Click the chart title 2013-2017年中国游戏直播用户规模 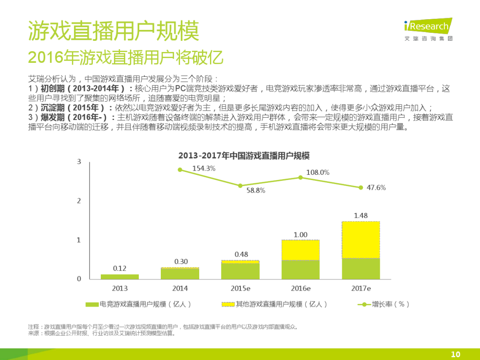pyautogui.click(x=244, y=156)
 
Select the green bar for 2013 pyautogui.click(x=120, y=277)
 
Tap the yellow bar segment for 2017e pyautogui.click(x=361, y=240)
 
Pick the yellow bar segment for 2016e pyautogui.click(x=300, y=250)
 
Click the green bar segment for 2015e pyautogui.click(x=240, y=271)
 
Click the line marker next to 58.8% pyautogui.click(x=240, y=186)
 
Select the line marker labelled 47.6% pyautogui.click(x=361, y=187)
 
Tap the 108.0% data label pyautogui.click(x=317, y=172)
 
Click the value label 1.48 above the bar pyautogui.click(x=360, y=216)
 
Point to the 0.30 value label pyautogui.click(x=180, y=262)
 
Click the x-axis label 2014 pyautogui.click(x=180, y=288)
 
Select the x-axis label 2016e pyautogui.click(x=300, y=288)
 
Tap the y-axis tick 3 pyautogui.click(x=79, y=162)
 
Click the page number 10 pyautogui.click(x=455, y=354)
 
